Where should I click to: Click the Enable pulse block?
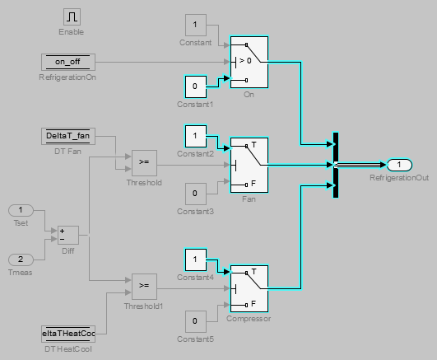point(71,16)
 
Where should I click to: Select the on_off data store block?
point(68,61)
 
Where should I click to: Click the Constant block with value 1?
point(195,25)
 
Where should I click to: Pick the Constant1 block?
point(195,85)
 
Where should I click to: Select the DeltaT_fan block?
point(68,135)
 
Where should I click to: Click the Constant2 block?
point(195,133)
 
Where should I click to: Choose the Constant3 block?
point(195,194)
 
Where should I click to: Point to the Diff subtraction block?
point(67,235)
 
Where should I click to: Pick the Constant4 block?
point(195,259)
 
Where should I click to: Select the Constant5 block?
point(195,320)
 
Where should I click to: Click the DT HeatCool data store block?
point(68,333)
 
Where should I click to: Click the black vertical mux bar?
point(336,165)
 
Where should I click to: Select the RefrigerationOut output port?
point(399,164)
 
